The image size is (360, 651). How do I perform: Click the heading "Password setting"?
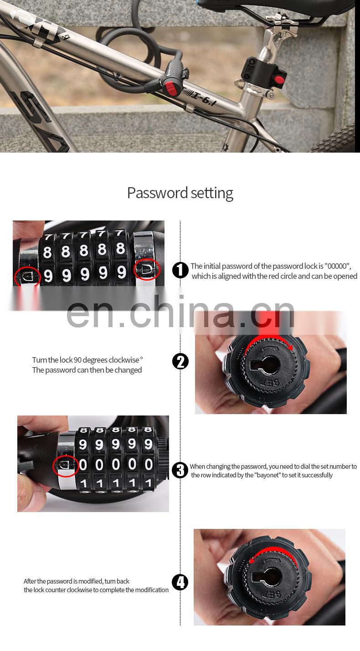coord(180,193)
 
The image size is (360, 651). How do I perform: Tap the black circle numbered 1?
coord(180,270)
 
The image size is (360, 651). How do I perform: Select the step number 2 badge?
coord(180,361)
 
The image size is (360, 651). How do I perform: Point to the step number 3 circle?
coord(180,470)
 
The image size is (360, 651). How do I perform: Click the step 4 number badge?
coord(180,582)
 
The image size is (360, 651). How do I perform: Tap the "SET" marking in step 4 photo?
coord(264,607)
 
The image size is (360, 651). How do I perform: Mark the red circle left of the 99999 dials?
coord(27,276)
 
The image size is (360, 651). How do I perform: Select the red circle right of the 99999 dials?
coord(147,269)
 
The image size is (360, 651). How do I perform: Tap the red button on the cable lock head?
coord(170,88)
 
